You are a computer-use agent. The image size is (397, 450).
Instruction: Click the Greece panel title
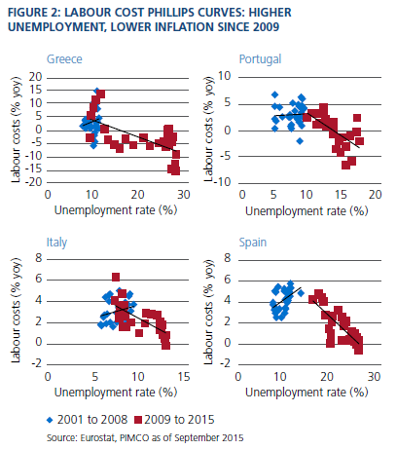point(64,59)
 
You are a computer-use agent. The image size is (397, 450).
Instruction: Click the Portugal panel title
point(260,59)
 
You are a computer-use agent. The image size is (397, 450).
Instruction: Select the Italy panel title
point(56,243)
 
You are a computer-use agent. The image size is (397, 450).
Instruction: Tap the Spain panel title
point(253,243)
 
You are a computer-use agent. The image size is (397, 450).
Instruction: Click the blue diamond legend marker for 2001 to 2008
point(50,420)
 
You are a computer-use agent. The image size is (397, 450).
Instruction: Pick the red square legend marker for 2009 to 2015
point(138,420)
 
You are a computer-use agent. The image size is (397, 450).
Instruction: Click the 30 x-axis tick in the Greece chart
point(183,195)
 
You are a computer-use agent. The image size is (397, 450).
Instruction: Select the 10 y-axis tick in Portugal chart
point(224,76)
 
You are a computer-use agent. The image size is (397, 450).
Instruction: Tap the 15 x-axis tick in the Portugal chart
point(341,195)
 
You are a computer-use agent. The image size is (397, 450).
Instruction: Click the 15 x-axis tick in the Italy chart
point(184,377)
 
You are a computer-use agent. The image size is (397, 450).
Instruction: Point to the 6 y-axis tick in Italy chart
point(39,279)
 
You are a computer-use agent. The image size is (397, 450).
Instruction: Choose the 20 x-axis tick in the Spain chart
point(327,377)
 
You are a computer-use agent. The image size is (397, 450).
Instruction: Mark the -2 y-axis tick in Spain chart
point(226,363)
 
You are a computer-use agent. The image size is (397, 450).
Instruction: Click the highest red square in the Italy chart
point(116,277)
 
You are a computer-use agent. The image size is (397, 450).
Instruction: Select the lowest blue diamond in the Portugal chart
point(300,141)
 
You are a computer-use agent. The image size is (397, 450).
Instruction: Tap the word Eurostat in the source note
point(97,438)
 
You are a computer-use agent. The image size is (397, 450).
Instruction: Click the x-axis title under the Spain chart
point(307,393)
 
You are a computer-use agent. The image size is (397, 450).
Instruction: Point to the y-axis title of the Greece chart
point(16,130)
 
